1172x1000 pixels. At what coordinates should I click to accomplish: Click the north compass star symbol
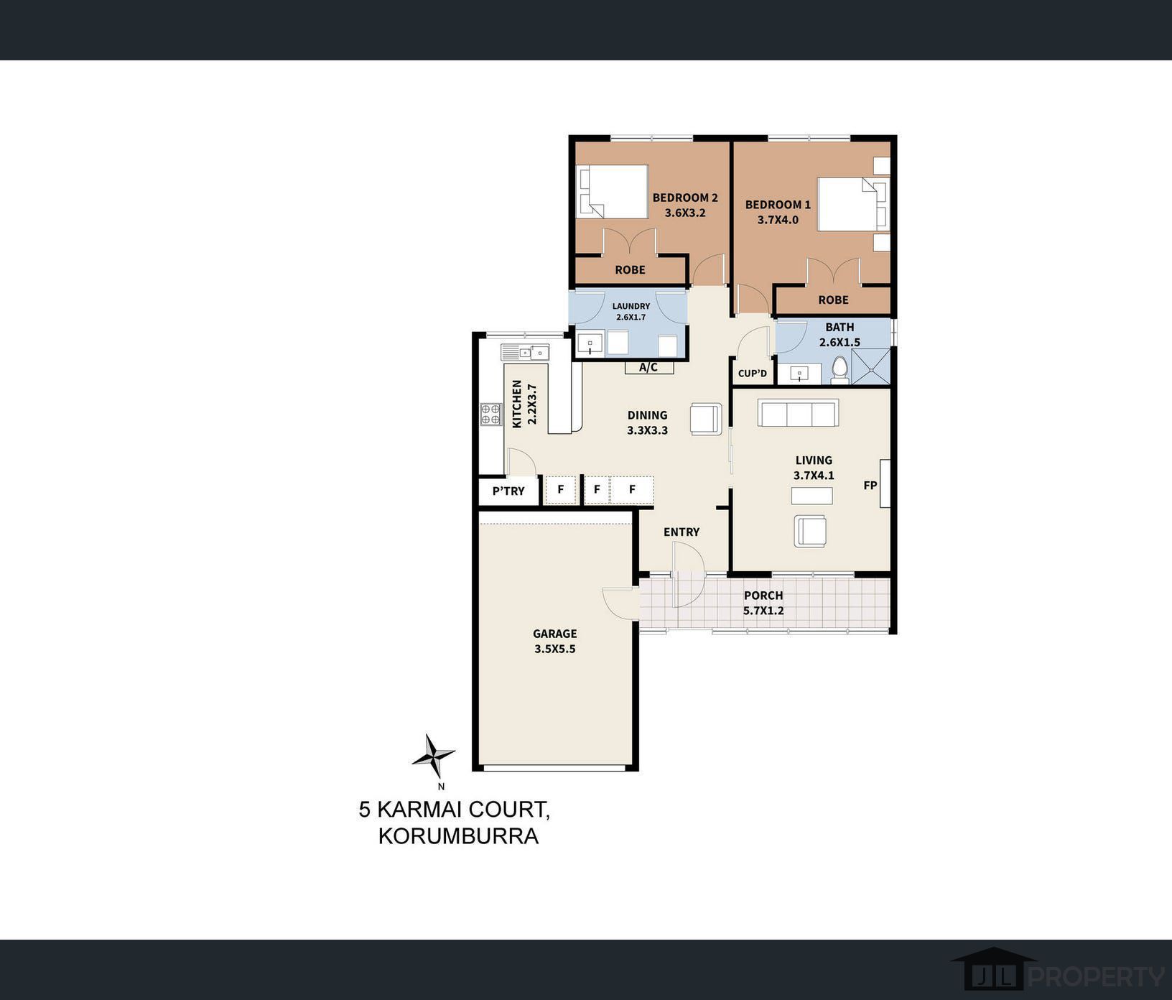pos(433,756)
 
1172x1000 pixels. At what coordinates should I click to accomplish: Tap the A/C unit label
pos(648,368)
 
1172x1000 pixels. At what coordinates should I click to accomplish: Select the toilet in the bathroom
pos(840,370)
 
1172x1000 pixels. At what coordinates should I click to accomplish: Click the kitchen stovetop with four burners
pos(490,414)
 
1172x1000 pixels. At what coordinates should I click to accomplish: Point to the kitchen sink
pos(525,352)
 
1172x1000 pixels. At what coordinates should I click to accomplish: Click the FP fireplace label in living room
pos(870,486)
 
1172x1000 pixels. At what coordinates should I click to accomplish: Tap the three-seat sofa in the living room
pos(799,413)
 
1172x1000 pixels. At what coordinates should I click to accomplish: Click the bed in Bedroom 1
pos(853,205)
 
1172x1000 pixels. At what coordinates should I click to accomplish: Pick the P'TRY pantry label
pos(508,491)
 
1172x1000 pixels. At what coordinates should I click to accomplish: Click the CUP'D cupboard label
pos(753,374)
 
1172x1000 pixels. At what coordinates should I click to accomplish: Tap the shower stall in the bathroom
pos(870,366)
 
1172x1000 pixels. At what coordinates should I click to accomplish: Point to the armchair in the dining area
pos(706,419)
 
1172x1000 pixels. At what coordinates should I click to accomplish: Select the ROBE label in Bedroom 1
pos(833,300)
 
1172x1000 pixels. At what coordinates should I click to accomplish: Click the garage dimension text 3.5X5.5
pos(555,649)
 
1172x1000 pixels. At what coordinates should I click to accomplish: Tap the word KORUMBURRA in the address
pos(458,836)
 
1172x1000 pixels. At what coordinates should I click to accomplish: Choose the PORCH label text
pos(763,596)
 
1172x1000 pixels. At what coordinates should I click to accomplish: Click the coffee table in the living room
pos(812,496)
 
